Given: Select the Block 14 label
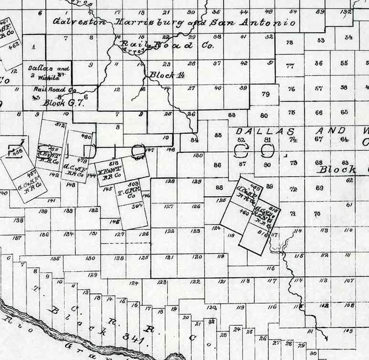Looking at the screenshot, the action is (x=167, y=75).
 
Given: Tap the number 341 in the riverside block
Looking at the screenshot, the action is (x=128, y=336).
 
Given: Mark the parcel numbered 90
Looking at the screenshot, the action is (x=267, y=164).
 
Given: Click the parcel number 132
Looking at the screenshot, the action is (x=346, y=11).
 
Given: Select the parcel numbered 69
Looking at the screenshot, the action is (x=319, y=188).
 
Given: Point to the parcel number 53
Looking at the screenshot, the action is (x=320, y=41).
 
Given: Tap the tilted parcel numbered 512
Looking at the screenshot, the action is (x=60, y=125).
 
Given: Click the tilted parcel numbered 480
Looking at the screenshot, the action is (x=86, y=136).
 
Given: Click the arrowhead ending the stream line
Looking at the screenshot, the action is (x=326, y=339).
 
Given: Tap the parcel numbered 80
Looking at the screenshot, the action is (x=264, y=116).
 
